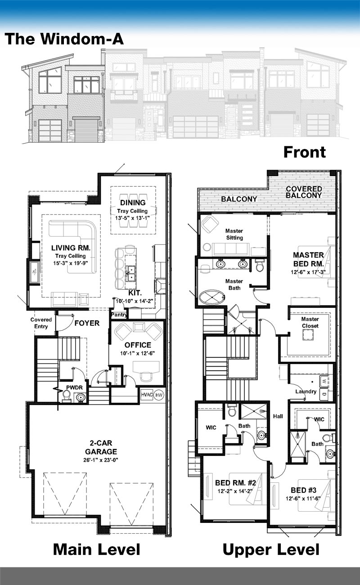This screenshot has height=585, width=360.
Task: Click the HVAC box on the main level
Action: point(147,395)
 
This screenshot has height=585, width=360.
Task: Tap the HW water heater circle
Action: point(159,395)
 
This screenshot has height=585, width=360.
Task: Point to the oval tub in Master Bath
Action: point(212,297)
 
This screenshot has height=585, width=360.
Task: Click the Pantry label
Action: point(119,315)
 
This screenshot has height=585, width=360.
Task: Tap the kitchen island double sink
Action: point(130,273)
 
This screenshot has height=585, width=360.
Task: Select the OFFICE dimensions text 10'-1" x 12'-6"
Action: point(137,353)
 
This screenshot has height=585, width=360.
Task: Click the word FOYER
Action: point(87,323)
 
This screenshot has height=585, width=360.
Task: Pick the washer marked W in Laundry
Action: point(324,381)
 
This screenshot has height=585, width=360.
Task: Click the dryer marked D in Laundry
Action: point(324,394)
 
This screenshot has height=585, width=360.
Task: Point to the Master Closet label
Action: point(310,323)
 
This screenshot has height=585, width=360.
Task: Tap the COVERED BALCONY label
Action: point(304,192)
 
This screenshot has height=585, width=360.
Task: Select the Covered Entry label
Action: point(41,323)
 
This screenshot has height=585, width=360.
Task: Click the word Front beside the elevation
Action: point(305,152)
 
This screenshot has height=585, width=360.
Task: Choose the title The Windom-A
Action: point(64,39)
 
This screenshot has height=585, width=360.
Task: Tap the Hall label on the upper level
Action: point(278,416)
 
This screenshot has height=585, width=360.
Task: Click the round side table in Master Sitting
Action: point(207,247)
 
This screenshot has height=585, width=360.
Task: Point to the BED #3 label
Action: point(304,490)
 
